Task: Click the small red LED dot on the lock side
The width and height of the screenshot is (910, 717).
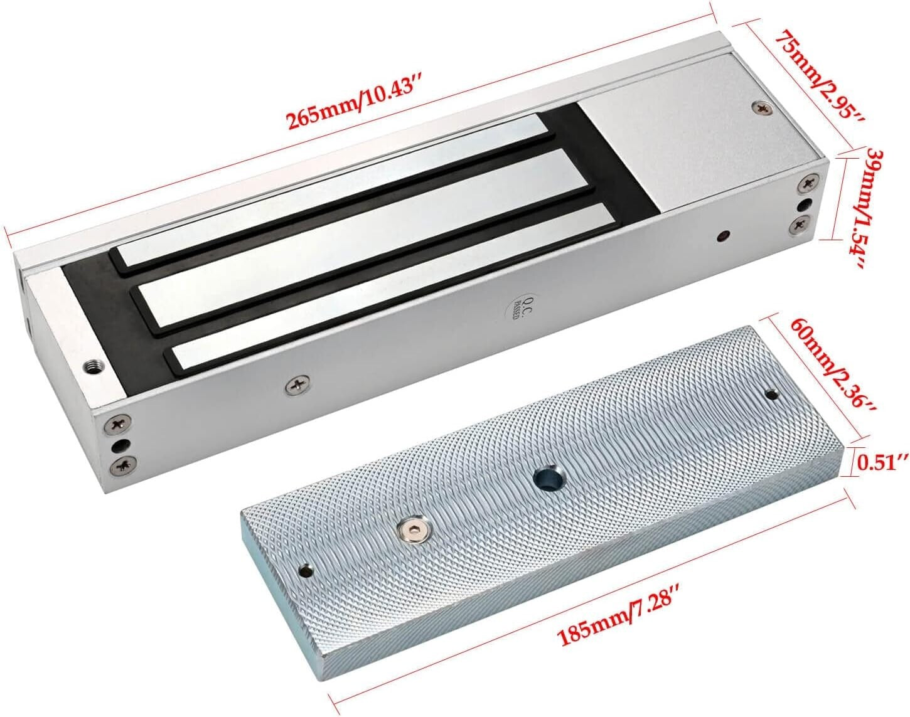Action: pyautogui.click(x=724, y=236)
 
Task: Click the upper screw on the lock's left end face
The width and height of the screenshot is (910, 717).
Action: pyautogui.click(x=117, y=424)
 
